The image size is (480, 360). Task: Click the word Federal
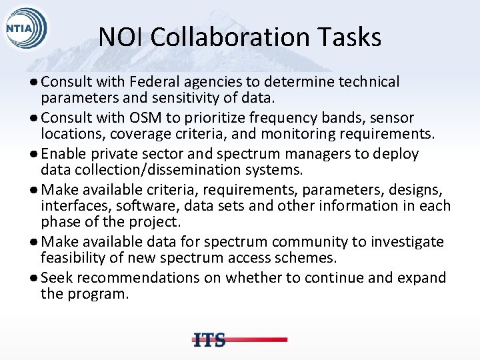(160, 82)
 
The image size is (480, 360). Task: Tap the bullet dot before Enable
(34, 154)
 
